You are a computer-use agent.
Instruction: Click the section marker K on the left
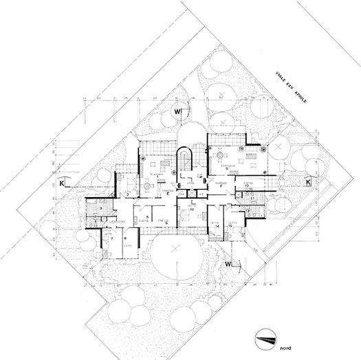pyautogui.click(x=61, y=184)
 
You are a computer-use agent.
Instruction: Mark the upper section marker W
pyautogui.click(x=177, y=111)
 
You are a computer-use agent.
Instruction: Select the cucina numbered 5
pyautogui.click(x=147, y=217)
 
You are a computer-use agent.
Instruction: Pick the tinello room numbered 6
pyautogui.click(x=165, y=218)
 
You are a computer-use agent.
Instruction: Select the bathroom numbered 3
pyautogui.click(x=100, y=207)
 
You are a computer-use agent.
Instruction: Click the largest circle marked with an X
pyautogui.click(x=175, y=247)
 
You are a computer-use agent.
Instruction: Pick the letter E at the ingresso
pyautogui.click(x=168, y=194)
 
